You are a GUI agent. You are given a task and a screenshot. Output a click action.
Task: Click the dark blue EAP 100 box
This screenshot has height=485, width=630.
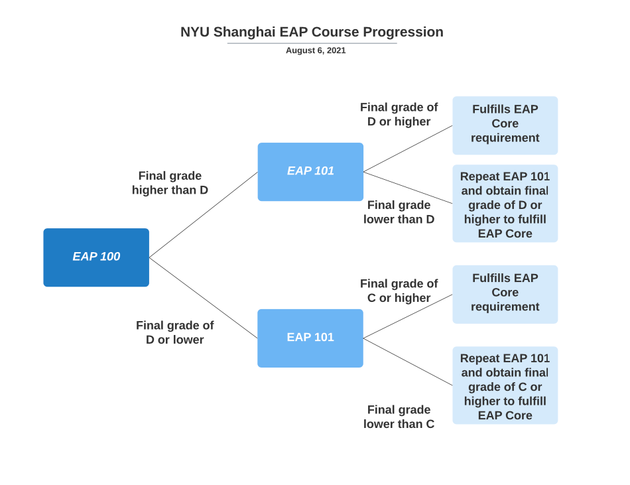(96, 257)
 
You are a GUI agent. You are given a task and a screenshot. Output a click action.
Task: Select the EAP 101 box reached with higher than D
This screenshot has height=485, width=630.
(310, 171)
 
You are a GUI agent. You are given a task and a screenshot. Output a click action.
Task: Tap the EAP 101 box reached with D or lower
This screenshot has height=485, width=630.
(310, 338)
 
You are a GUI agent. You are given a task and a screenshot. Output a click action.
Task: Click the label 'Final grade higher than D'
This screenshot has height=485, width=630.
(170, 183)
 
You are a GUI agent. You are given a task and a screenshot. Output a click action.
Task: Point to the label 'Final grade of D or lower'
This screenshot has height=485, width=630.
(175, 332)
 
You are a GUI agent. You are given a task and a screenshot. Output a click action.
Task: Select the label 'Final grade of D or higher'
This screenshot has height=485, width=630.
(399, 115)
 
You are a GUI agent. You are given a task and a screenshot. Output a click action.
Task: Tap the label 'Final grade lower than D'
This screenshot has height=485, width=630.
(399, 212)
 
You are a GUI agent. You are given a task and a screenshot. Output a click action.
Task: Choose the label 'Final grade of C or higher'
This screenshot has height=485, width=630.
(399, 291)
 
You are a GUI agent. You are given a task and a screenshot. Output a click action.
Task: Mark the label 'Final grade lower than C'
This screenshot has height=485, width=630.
(399, 417)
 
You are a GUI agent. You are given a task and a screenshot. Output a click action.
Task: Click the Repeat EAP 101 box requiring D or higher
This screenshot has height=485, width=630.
(505, 204)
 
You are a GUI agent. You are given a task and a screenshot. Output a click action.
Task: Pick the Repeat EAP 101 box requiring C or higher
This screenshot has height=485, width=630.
(505, 386)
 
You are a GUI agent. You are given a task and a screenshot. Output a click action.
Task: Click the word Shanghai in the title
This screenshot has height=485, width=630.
(245, 32)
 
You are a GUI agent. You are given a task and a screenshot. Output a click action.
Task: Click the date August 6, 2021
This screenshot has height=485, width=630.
(316, 50)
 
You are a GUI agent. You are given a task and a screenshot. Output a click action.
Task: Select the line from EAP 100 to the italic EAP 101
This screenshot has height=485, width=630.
(204, 215)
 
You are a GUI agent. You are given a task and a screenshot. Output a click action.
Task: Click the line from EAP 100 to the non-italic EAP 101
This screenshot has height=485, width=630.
(204, 298)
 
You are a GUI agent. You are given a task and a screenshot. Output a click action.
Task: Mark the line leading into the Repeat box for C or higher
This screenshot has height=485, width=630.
(408, 362)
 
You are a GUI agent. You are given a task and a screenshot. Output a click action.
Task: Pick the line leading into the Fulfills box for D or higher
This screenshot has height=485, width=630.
(408, 149)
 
